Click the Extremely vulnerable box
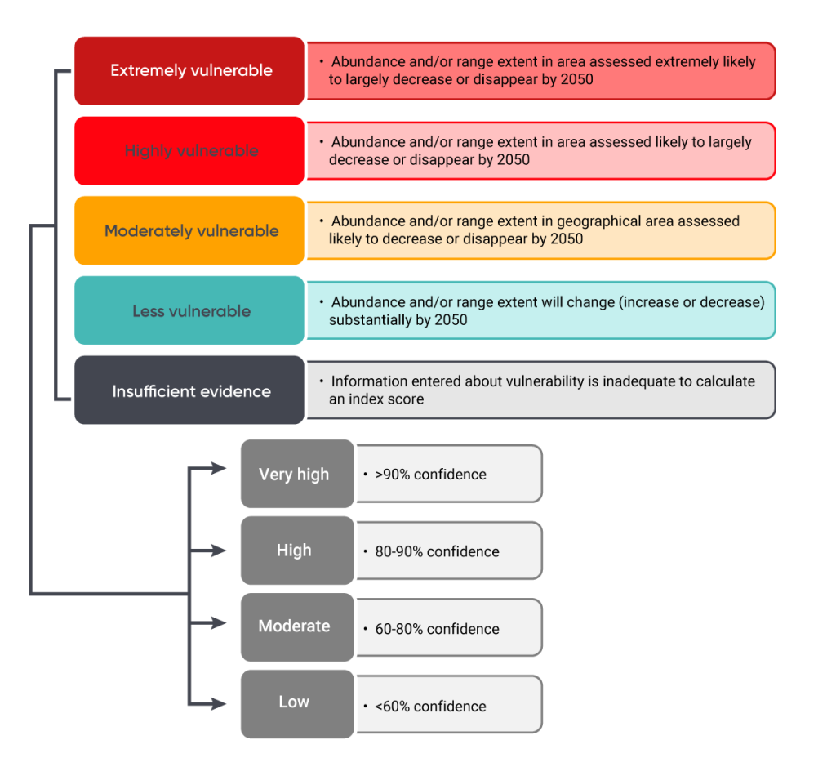[x=189, y=71]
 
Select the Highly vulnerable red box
[x=189, y=151]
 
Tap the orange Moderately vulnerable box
[x=189, y=231]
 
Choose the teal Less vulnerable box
[x=189, y=311]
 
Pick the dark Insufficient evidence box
[x=189, y=391]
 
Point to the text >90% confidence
[x=430, y=475]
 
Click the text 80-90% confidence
[x=437, y=551]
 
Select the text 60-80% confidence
[x=437, y=629]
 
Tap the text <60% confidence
[x=430, y=707]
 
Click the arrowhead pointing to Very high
[x=219, y=468]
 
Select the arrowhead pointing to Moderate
[x=219, y=622]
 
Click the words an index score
[x=376, y=399]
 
